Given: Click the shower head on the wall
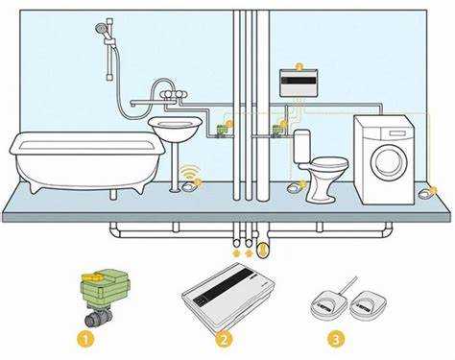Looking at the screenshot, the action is tap(102, 29).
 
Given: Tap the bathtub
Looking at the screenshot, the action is tap(87, 161).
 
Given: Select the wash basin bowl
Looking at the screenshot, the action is tap(175, 129).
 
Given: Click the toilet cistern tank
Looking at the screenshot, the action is tap(302, 146).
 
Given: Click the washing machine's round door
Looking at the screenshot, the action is tap(388, 162).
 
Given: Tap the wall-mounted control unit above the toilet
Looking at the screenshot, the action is tap(299, 83).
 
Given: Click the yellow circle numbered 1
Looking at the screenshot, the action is tap(85, 339).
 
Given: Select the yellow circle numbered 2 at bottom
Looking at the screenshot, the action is tap(223, 339).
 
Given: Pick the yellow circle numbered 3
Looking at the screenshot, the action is tap(336, 339).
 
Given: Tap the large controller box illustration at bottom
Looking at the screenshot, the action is tap(228, 296).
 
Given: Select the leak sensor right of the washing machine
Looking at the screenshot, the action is tap(425, 193).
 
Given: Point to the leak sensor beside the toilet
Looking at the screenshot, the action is tap(294, 187).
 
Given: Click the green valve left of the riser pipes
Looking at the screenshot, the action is tap(222, 131).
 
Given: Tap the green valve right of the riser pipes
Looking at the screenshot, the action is tap(277, 131).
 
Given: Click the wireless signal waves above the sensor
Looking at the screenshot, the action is tap(191, 169).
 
